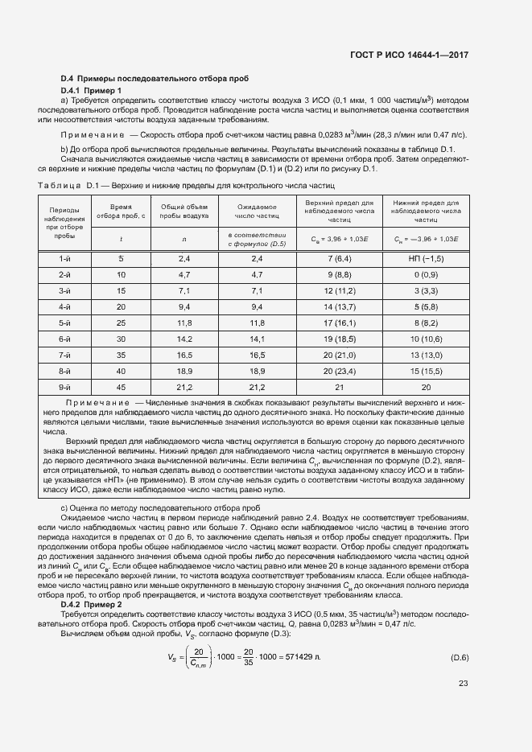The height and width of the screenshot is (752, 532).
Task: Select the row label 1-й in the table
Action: [x=65, y=258]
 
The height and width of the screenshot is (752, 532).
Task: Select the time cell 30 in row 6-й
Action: [x=121, y=339]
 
